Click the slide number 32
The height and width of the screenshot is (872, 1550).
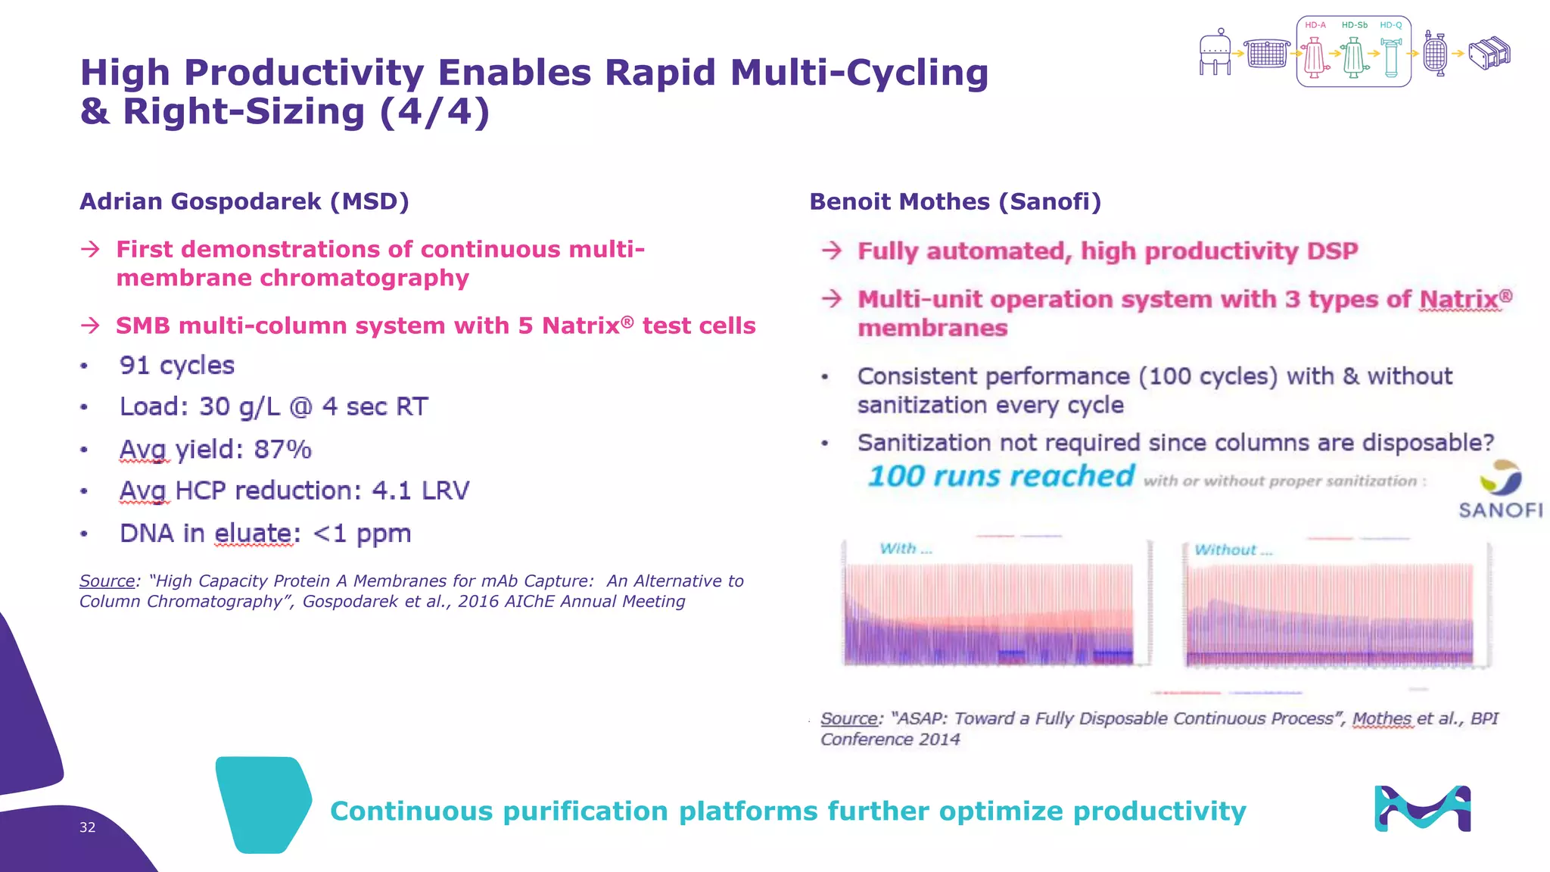[x=87, y=827]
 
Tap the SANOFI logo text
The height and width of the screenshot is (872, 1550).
[x=1500, y=510]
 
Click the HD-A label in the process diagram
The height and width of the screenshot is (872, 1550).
[x=1315, y=25]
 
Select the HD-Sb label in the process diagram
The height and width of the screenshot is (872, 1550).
[x=1354, y=25]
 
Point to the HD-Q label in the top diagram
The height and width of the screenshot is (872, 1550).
[x=1390, y=25]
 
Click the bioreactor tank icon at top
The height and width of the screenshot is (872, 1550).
[x=1215, y=53]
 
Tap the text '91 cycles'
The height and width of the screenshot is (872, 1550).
[x=176, y=366]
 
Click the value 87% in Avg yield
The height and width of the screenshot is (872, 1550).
[x=282, y=450]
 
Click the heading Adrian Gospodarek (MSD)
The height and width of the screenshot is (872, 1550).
[x=244, y=201]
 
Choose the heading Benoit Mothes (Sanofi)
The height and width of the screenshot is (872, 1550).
[x=955, y=201]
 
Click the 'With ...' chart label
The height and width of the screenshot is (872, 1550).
[x=905, y=549]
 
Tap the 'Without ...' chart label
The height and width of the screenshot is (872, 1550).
[x=1233, y=550]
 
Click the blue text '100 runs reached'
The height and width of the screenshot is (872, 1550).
[x=1001, y=476]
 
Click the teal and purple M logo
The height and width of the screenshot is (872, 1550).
[x=1422, y=808]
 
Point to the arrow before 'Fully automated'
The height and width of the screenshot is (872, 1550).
[x=832, y=251]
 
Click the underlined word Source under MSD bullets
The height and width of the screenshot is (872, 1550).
[x=107, y=581]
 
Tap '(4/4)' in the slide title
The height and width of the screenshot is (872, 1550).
[x=434, y=111]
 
